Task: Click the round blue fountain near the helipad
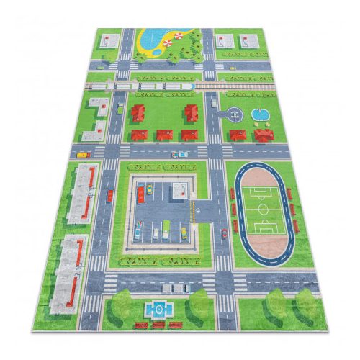258,114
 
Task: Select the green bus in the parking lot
166,228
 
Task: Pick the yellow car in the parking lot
184,231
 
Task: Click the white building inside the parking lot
179,189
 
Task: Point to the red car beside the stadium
224,233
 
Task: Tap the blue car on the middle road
179,153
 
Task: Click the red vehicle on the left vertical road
110,194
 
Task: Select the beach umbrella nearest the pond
168,43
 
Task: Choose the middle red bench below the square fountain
158,325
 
